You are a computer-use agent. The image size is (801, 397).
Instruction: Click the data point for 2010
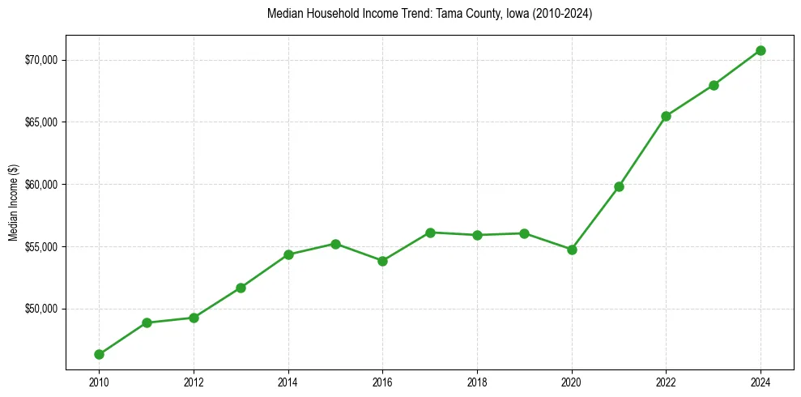[x=99, y=354]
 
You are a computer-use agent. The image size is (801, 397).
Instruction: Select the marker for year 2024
[x=761, y=50]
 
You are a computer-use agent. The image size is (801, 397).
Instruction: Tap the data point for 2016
[x=382, y=261]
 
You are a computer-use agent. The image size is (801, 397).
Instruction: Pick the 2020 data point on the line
[x=572, y=250]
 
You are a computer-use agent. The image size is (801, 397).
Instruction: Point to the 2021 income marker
[x=619, y=186]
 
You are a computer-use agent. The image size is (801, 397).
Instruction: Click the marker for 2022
[x=666, y=116]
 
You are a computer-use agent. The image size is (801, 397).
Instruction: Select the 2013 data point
[x=241, y=288]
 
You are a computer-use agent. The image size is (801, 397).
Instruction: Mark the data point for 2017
[x=430, y=233]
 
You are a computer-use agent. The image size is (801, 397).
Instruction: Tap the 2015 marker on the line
[x=335, y=244]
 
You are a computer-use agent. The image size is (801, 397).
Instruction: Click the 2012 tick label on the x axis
[x=194, y=382]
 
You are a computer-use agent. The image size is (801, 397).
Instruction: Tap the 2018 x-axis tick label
[x=477, y=382]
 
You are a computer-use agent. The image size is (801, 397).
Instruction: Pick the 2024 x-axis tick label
[x=761, y=382]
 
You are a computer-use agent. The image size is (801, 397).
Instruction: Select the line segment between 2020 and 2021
[x=595, y=218]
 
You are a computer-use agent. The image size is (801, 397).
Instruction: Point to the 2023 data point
[x=714, y=85]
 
